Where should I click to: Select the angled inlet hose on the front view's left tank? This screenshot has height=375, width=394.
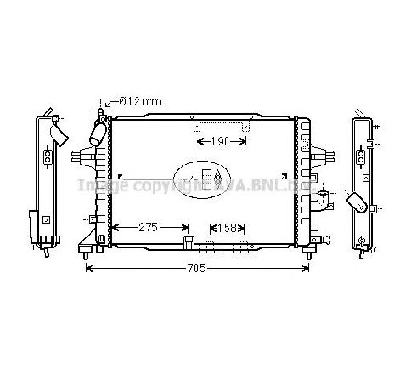[x=96, y=134]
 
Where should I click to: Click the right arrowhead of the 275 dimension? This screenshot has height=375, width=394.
[x=186, y=227]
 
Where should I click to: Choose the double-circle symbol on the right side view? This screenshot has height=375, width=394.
[x=363, y=156]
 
